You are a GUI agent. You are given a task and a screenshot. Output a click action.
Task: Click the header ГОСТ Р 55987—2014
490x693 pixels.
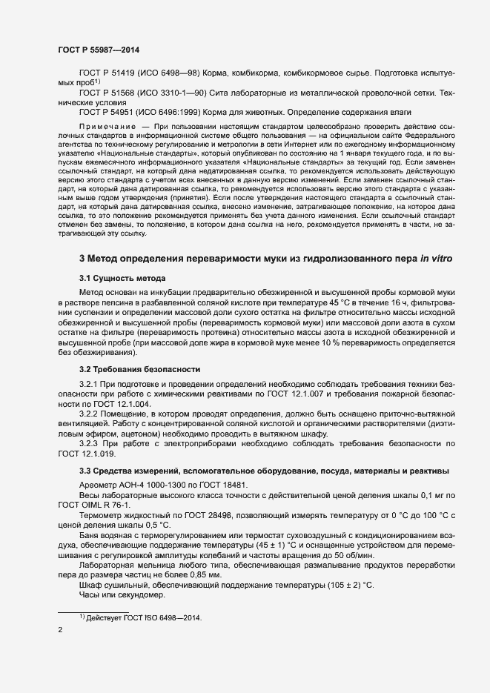pyautogui.click(x=99, y=50)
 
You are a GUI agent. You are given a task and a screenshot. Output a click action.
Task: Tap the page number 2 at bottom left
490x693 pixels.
pyautogui.click(x=60, y=632)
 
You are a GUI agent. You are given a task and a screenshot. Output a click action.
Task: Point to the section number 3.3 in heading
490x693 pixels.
pyautogui.click(x=85, y=471)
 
